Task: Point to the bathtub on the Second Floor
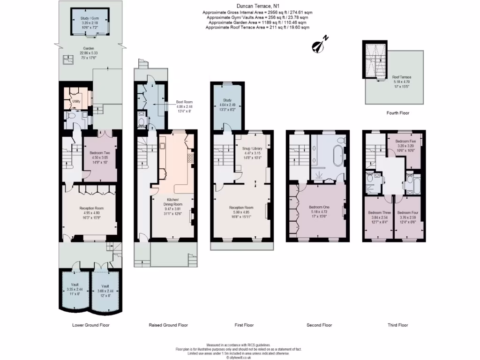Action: (337, 156)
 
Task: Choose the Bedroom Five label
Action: (405, 141)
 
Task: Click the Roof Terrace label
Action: (402, 77)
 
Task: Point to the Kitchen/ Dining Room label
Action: (173, 202)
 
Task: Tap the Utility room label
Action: (76, 101)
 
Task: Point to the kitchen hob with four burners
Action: (191, 158)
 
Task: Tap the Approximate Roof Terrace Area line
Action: (257, 28)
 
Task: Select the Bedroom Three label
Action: (378, 212)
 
